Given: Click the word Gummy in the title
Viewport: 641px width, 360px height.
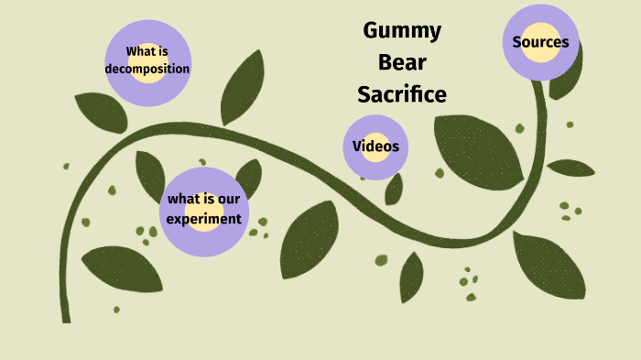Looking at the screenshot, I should [402, 31].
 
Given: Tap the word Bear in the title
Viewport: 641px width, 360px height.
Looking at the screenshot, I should [404, 62].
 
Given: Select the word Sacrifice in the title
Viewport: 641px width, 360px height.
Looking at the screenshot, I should [402, 93].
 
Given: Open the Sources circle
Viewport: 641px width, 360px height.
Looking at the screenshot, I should [541, 42].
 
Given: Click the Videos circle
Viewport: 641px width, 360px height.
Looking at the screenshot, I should [375, 147].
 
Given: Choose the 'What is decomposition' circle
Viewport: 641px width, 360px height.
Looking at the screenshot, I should [147, 60].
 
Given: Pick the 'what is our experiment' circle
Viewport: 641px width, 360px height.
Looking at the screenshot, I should [204, 211].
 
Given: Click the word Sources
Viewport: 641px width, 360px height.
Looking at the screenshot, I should [541, 41].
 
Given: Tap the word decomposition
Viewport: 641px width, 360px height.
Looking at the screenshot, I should [147, 68].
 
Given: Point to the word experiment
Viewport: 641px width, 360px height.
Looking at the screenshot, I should [204, 219].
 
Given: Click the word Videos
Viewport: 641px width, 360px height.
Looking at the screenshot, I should [375, 147].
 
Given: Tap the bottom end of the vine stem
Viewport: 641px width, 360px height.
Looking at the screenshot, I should [66, 316].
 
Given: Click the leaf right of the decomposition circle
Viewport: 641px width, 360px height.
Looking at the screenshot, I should [244, 87].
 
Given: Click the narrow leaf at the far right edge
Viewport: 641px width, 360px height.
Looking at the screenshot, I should [570, 168].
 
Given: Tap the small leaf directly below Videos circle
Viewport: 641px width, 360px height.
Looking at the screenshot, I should [394, 189].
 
